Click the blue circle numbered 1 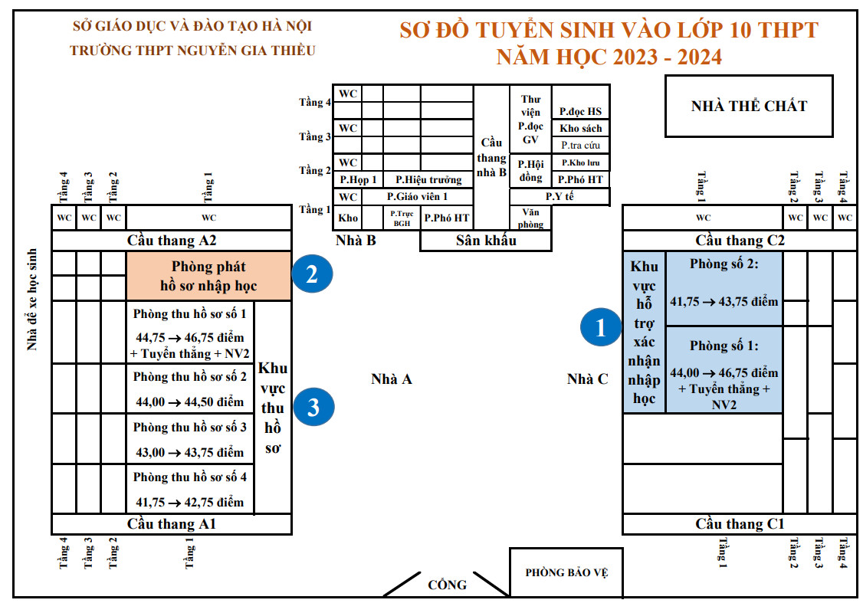coord(600,327)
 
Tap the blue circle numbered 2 coord(312,274)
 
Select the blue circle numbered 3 coord(313,407)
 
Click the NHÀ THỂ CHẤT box coord(749,106)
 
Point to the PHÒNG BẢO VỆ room coord(566,572)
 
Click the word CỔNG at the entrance coord(447,585)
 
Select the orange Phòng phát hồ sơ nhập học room coord(208,277)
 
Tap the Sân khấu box coord(486,241)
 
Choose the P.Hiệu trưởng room coord(428,179)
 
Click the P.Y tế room coord(559,196)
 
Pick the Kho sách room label coord(581,128)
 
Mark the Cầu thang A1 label coord(172,524)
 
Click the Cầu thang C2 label coord(740,241)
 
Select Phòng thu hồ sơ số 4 coord(190,489)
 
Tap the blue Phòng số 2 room coord(724,289)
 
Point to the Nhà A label coord(392,379)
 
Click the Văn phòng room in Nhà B coord(530,218)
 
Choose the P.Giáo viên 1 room coord(417,196)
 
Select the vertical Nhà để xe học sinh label coord(32,300)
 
